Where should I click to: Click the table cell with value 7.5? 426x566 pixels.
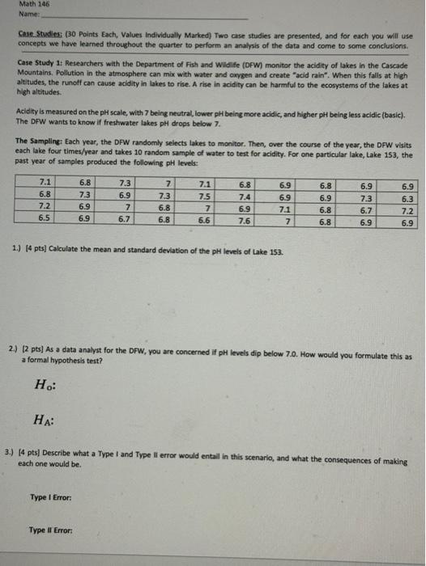click(205, 195)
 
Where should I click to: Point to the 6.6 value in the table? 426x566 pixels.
click(205, 218)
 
